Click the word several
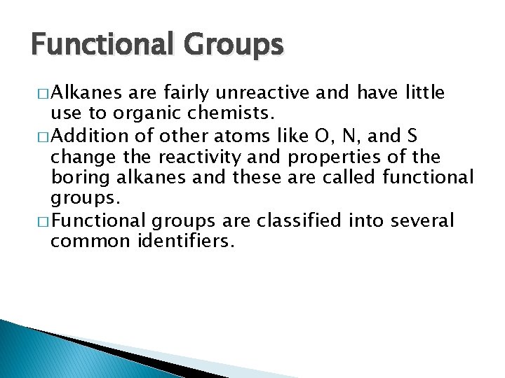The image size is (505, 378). (x=420, y=221)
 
